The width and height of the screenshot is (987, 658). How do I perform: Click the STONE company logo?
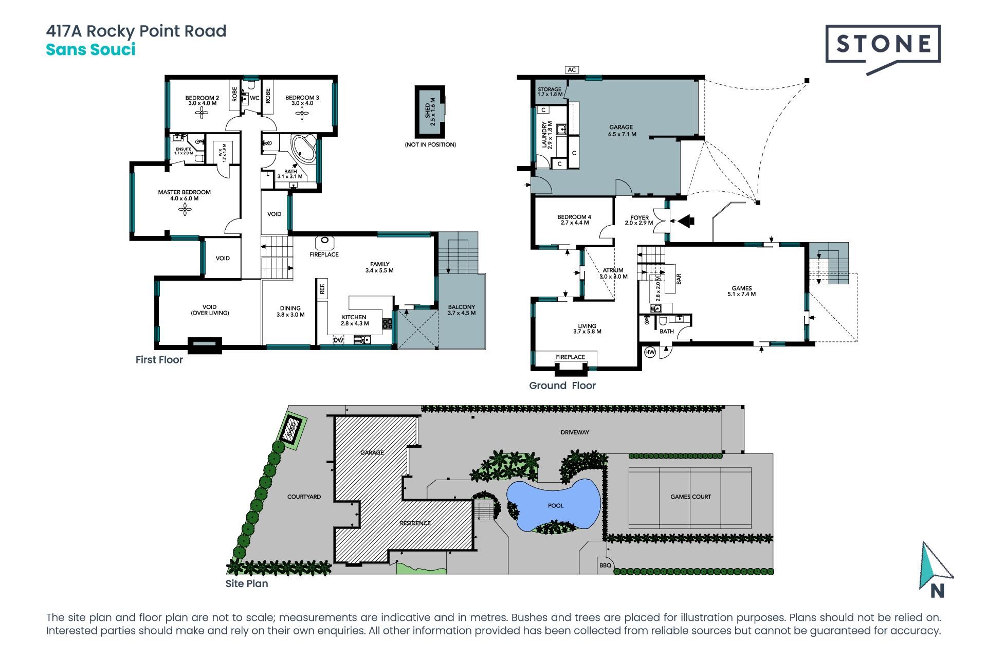point(883,49)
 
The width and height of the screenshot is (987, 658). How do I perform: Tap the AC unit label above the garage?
point(572,70)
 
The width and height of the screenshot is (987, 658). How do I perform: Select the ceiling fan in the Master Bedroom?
point(185,209)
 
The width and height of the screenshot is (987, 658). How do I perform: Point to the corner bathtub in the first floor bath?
point(303,150)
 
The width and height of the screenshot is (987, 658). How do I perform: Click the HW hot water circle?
point(650,352)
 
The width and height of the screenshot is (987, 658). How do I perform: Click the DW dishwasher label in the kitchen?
point(338,340)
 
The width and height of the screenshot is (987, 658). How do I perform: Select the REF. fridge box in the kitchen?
point(322,289)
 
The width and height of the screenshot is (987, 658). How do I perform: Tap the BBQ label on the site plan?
point(605,565)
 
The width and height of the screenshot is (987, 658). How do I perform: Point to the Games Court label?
point(690,497)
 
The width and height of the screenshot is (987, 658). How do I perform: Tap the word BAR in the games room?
point(679,279)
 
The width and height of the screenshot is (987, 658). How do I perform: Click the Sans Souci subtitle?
point(91,50)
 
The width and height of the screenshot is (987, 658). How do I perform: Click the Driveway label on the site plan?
point(575,432)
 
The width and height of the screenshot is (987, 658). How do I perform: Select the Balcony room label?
point(461,310)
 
